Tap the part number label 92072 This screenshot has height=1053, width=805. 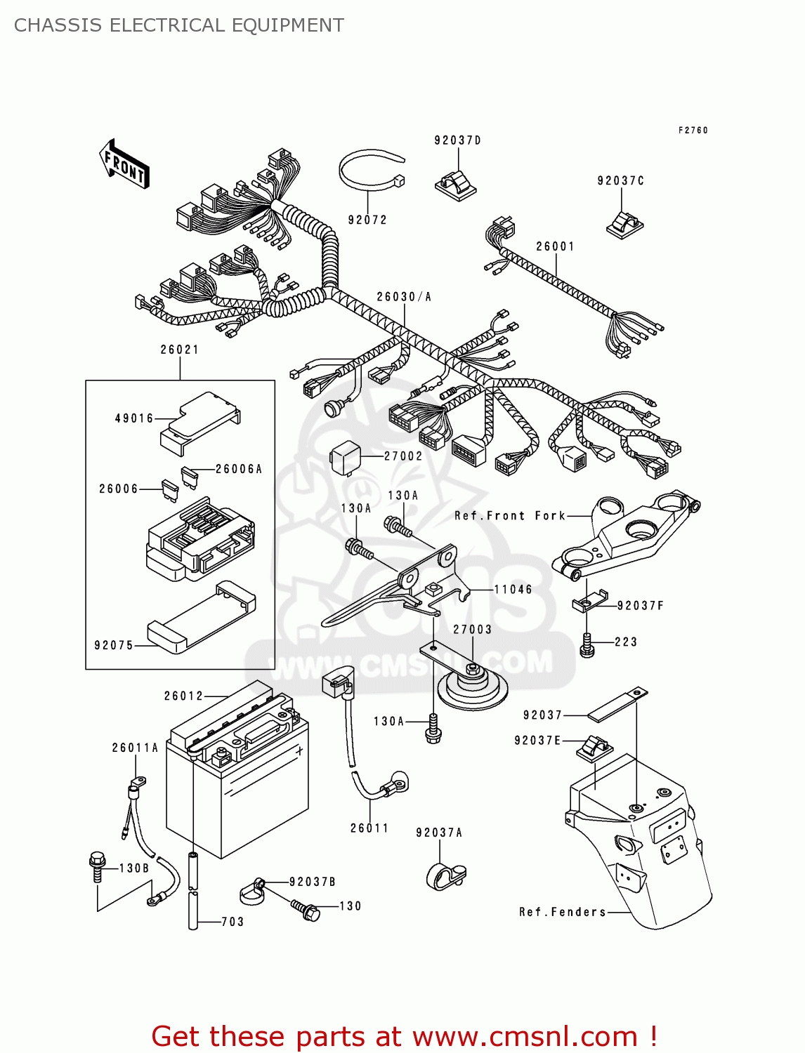point(367,220)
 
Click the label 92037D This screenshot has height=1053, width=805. point(457,140)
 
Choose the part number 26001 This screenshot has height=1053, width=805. point(555,246)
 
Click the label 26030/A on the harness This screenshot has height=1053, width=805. point(404,297)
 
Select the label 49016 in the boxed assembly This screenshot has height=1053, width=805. point(134,418)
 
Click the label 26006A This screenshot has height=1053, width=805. point(239,469)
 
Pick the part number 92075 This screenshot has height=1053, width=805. point(114,645)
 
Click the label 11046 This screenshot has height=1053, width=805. point(513,590)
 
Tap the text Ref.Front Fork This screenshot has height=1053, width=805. point(510,516)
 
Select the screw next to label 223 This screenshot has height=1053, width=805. point(587,644)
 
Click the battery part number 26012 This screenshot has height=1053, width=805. point(184,696)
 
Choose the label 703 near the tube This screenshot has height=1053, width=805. point(233,922)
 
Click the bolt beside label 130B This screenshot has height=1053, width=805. point(98,866)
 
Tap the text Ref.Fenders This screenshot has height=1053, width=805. point(563,912)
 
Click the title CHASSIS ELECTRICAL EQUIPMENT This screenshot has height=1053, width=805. point(179,25)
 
